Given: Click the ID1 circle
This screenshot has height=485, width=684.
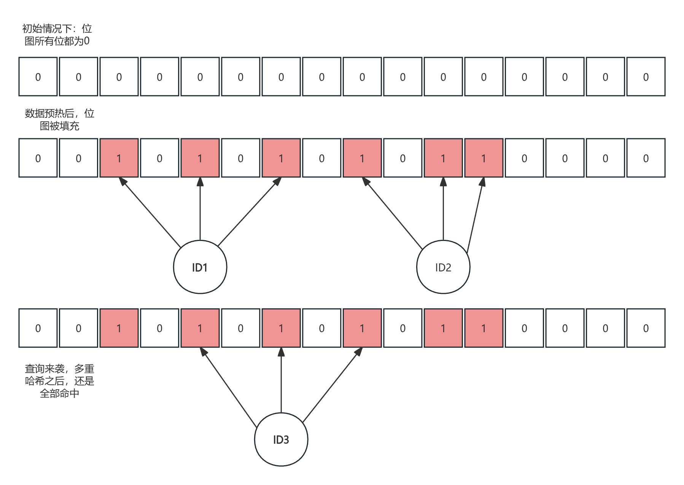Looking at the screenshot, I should point(200,267).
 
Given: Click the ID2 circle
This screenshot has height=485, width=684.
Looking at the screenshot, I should point(443,267).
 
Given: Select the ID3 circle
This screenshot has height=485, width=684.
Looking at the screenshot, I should point(281,439).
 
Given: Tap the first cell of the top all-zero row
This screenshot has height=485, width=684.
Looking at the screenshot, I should point(38,77).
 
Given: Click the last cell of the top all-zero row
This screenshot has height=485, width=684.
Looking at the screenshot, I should point(646,77).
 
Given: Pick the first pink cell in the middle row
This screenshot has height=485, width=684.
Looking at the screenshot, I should point(119,158).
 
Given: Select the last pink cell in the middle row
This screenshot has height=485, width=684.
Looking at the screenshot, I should point(484,158).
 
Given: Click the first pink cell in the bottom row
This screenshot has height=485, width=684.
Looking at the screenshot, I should point(119,328).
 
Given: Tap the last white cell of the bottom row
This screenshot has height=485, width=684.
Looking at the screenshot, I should point(646,328).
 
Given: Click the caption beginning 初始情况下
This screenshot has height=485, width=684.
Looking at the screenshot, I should point(57,35).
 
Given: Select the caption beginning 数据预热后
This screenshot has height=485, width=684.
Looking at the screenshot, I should point(59,119).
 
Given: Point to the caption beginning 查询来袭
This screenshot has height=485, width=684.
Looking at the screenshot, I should point(59,381).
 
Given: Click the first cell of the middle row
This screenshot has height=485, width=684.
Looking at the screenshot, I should point(38,158).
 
